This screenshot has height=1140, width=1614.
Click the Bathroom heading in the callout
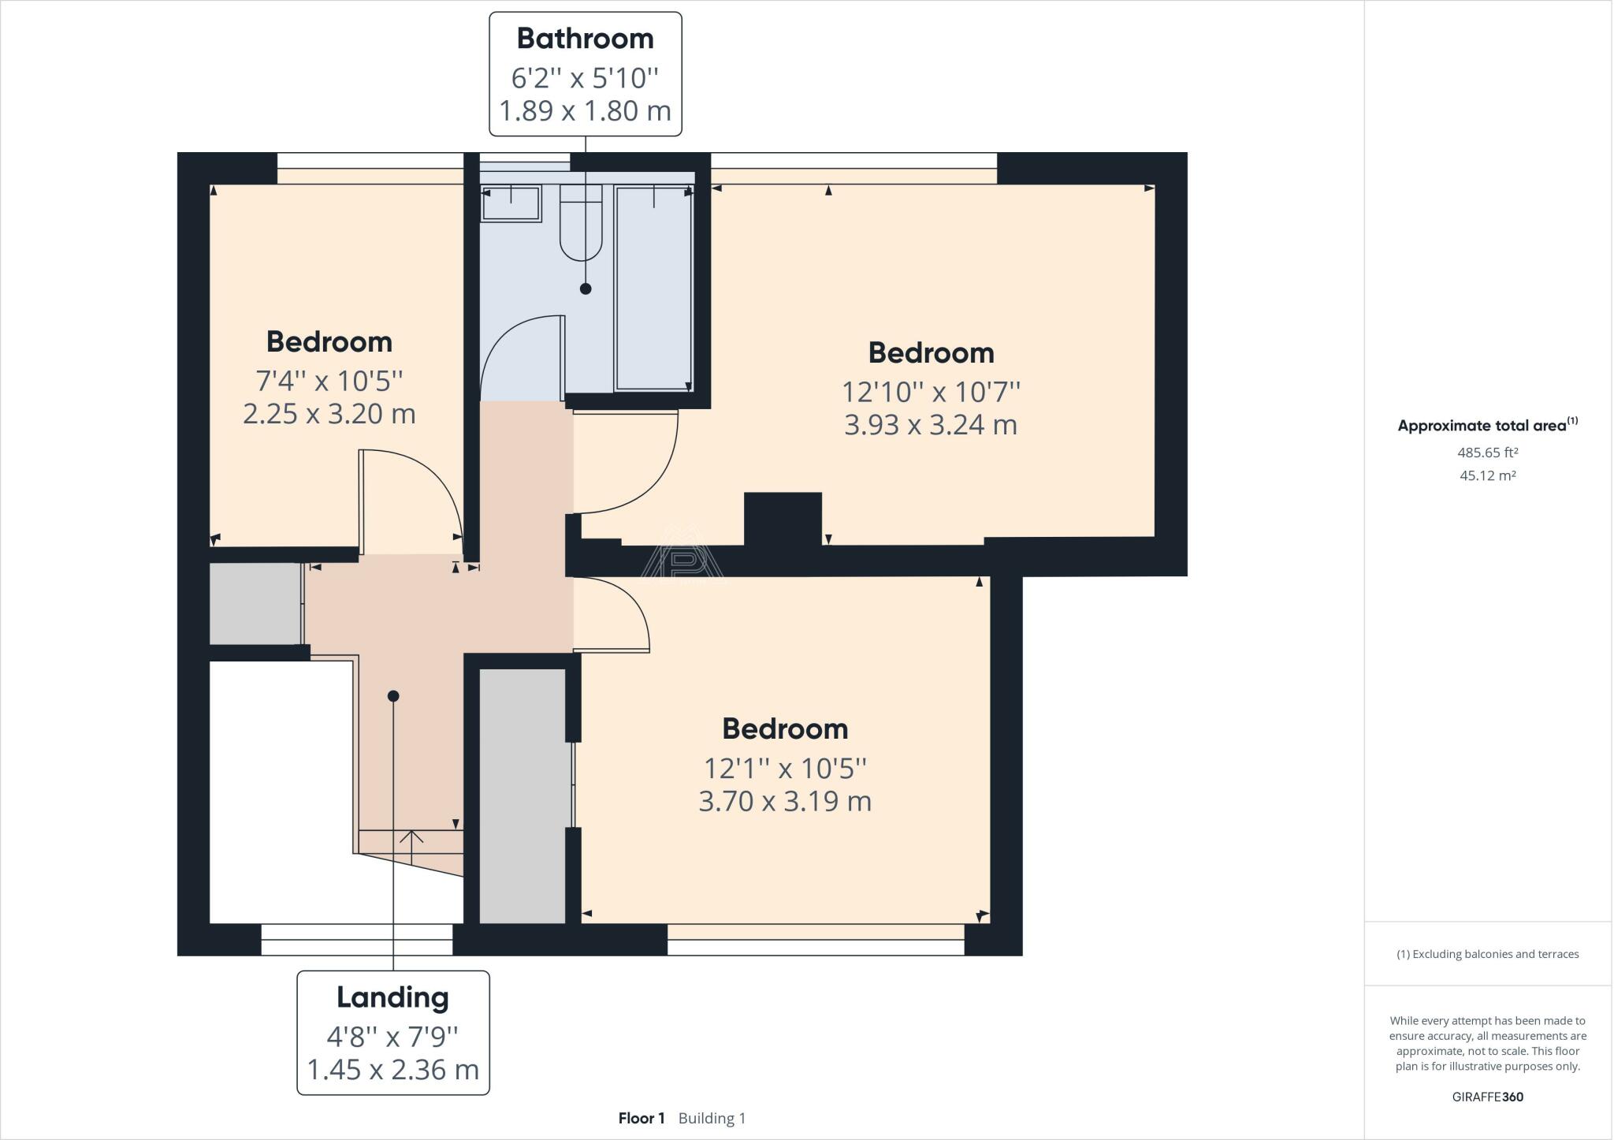coord(585,38)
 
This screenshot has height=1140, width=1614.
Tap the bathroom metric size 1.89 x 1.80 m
coord(585,110)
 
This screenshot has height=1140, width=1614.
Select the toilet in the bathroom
coord(581,222)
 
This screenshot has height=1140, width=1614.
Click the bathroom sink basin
coord(511,203)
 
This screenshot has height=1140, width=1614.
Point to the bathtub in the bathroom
coord(653,288)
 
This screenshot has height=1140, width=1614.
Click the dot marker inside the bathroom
coord(586,289)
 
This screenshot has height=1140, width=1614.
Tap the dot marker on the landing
coord(393,696)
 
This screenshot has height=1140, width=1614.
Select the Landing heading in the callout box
coord(392,997)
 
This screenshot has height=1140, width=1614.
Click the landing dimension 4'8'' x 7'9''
coord(392,1035)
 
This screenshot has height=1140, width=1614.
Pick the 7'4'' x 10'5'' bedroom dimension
coord(329,381)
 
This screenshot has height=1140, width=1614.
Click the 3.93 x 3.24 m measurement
coord(931,425)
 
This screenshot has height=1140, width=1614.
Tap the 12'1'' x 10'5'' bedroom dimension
coord(785,767)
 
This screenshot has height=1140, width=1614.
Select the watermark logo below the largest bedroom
coord(682,552)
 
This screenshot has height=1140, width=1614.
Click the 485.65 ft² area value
coord(1488,453)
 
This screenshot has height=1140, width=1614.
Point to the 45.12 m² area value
coord(1488,475)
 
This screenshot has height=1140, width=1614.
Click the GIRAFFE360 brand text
coord(1488,1097)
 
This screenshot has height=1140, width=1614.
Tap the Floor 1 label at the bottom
coord(642,1118)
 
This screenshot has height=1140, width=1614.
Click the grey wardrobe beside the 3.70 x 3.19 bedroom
coord(523,795)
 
